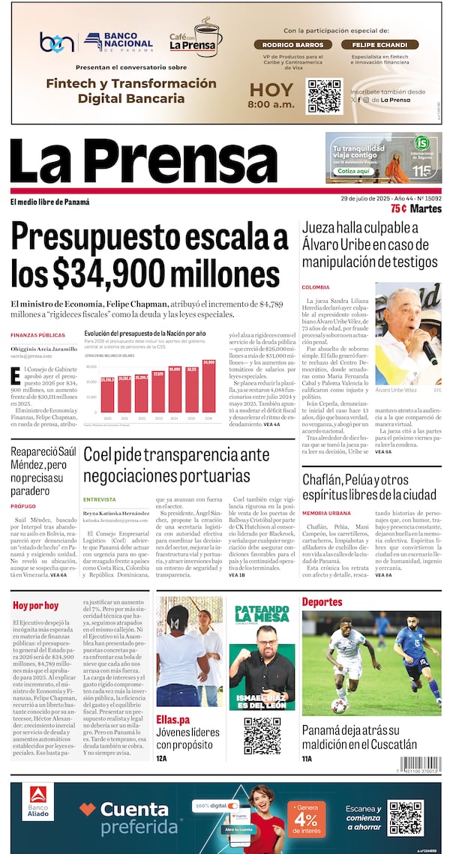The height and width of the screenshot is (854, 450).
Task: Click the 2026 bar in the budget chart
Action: tap(208, 387)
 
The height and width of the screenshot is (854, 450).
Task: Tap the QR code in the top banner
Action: tap(325, 95)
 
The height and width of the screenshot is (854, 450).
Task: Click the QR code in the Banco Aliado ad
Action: tap(405, 818)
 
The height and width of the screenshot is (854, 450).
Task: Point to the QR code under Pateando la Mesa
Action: tap(262, 736)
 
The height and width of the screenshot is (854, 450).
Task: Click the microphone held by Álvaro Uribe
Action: tap(429, 352)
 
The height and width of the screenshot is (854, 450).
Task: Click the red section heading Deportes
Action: tap(322, 601)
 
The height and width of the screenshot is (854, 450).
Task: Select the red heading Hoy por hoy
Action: tap(35, 605)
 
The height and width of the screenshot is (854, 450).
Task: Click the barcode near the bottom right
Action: tap(419, 765)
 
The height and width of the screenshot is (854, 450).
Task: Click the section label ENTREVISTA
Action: tap(99, 499)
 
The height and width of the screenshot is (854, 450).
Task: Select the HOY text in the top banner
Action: tap(271, 90)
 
